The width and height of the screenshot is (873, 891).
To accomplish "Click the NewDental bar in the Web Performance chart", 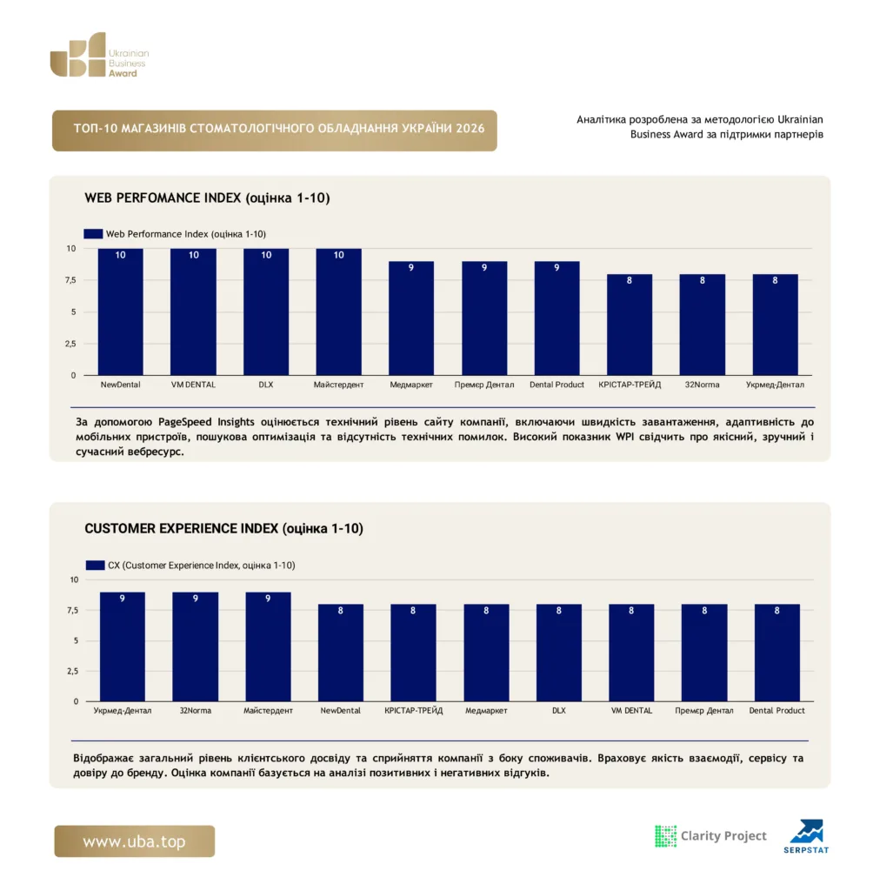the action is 120,312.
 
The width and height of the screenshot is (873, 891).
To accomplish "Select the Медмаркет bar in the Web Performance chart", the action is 411,318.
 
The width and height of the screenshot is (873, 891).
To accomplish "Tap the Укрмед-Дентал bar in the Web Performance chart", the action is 776,325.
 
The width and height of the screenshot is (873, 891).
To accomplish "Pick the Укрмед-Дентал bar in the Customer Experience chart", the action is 122,646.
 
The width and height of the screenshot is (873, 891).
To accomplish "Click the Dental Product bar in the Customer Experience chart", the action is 777,653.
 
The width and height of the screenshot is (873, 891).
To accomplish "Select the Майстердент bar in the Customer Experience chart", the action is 268,646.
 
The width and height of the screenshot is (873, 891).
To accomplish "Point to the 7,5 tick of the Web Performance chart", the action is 70,280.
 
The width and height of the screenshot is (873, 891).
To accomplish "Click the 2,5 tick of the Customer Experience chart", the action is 73,671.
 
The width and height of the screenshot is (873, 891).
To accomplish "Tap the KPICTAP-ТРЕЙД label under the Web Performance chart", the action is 630,385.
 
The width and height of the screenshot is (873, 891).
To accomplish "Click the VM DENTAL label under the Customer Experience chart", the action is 631,710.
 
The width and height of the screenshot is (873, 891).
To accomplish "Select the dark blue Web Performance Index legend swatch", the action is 93,233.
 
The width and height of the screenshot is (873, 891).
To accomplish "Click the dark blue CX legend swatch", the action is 96,565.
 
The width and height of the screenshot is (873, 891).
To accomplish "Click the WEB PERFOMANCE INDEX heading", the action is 207,198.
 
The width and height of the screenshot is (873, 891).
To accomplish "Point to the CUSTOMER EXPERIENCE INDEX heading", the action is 223,528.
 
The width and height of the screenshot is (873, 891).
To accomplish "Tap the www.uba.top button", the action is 135,841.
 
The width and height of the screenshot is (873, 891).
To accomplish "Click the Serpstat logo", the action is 807,836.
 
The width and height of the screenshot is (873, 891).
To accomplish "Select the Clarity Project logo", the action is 710,836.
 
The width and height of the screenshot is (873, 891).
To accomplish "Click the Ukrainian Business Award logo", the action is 99,55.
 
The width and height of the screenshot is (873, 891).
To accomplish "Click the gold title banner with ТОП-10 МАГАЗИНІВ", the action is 275,131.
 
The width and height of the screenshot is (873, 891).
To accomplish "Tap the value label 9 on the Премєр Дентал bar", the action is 484,268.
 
